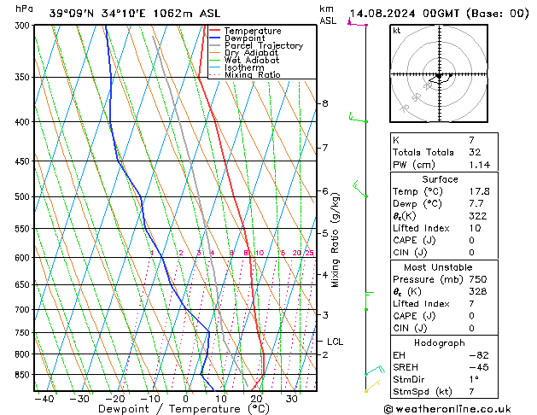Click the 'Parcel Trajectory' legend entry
click(x=263, y=46)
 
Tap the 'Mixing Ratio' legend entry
click(x=253, y=75)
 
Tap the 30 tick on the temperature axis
click(x=292, y=399)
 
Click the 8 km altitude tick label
click(x=324, y=103)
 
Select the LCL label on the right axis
click(x=336, y=342)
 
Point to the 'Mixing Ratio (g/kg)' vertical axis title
click(x=336, y=239)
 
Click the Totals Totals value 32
click(x=476, y=152)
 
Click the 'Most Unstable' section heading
click(x=439, y=267)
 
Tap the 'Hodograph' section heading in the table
click(x=439, y=343)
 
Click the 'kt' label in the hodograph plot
click(x=397, y=31)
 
